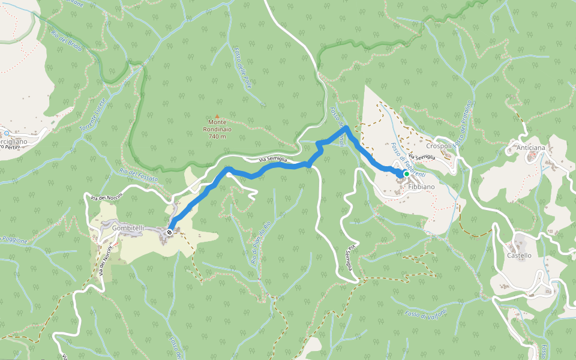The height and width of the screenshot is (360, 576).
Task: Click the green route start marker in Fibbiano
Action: pos(406,174)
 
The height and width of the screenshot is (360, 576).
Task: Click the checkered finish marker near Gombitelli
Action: pos(171,232)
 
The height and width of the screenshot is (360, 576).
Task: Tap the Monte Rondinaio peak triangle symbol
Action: pos(217,117)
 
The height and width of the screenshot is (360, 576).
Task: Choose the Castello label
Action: pos(519,255)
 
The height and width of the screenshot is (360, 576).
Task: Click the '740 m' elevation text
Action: pos(217,136)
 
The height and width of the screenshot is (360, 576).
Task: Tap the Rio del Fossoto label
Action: pos(139,175)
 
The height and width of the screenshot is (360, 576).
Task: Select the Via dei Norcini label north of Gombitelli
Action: pos(107,196)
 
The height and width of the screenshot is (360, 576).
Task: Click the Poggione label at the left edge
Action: pos(13,241)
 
